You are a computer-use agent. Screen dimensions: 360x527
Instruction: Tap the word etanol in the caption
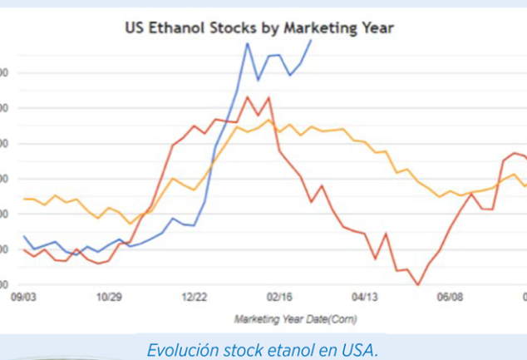(288, 349)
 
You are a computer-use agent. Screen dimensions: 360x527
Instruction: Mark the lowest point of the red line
(418, 284)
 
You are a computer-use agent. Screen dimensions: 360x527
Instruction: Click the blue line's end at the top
(312, 40)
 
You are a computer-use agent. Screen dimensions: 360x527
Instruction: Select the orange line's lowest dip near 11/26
(131, 224)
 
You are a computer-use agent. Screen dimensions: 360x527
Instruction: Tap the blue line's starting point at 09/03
(24, 236)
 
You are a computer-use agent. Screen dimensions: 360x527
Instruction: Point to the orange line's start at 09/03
(24, 199)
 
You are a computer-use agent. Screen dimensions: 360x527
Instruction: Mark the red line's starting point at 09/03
(24, 249)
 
